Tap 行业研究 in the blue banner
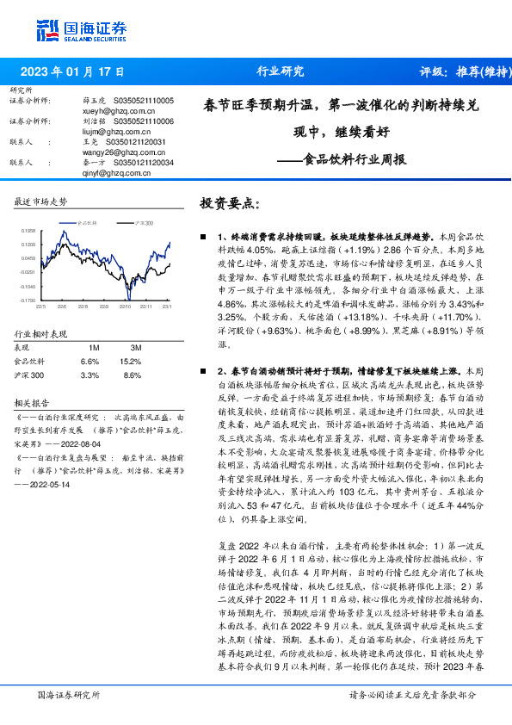[x=281, y=71]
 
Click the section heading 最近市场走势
[x=41, y=201]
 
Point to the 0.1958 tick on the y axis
[x=28, y=231]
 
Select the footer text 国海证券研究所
[x=65, y=693]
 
